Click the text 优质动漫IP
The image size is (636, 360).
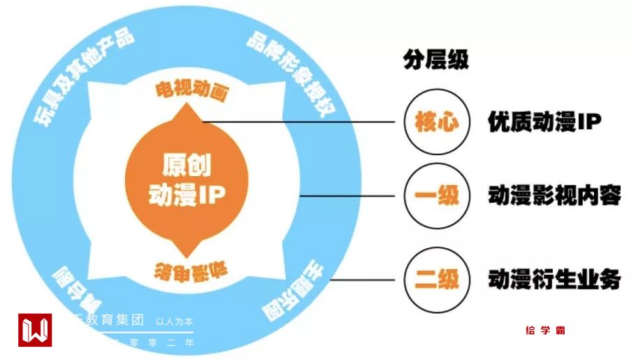click(x=544, y=122)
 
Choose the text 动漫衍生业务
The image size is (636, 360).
click(x=554, y=280)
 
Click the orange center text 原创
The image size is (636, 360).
click(x=187, y=166)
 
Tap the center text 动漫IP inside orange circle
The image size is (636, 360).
click(x=187, y=195)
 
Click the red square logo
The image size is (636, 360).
click(x=35, y=331)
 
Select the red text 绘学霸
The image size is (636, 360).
click(x=544, y=331)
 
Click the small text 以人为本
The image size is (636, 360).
click(x=174, y=322)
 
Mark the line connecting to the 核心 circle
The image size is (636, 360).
click(x=301, y=122)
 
